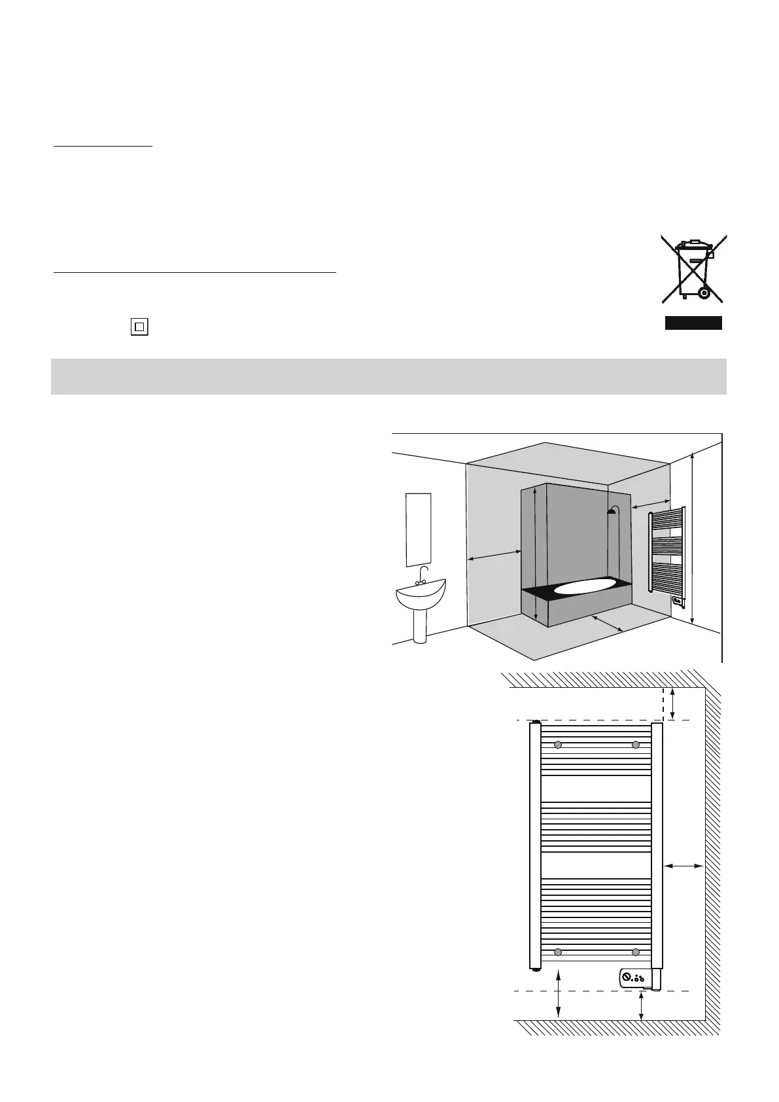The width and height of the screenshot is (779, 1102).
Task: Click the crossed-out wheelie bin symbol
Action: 693,270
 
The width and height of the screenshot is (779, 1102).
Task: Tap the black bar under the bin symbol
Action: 693,323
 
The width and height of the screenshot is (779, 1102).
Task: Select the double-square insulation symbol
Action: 139,326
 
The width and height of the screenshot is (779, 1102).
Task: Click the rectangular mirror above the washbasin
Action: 419,529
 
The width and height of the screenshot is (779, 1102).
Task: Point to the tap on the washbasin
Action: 423,575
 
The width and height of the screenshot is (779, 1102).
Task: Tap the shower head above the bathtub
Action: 612,511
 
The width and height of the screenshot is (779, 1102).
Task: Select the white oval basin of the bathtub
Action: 584,586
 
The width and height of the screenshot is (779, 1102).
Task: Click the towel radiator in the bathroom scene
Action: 666,553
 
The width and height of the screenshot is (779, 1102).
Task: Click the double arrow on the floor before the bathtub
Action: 606,624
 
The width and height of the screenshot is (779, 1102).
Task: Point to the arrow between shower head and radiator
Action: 651,501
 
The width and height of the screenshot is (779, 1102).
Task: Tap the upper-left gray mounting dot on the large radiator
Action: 558,745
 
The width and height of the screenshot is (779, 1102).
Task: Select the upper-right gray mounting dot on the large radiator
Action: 635,745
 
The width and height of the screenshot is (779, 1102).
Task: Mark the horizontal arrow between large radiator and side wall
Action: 684,866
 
